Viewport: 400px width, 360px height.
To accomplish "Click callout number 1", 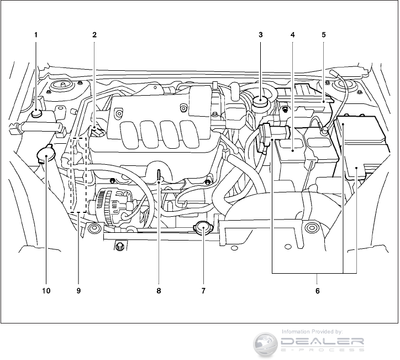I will click(x=36, y=34).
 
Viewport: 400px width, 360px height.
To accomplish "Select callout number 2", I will click(x=94, y=34).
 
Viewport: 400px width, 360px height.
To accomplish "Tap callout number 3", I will click(x=260, y=34).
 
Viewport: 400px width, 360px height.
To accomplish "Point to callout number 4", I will click(x=292, y=34).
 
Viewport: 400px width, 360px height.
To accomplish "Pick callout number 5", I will click(x=324, y=34).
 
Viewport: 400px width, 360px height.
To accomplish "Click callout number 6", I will click(x=317, y=290).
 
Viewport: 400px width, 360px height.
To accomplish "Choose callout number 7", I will click(x=203, y=290).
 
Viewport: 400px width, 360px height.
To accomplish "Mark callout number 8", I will click(x=159, y=290).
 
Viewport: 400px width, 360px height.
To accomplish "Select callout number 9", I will click(x=79, y=290).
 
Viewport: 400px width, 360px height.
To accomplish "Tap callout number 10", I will click(x=46, y=290).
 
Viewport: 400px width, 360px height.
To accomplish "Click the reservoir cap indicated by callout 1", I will click(x=37, y=113).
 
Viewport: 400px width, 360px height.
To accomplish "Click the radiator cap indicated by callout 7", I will click(x=203, y=227).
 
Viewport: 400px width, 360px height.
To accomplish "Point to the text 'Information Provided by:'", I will click(x=312, y=331).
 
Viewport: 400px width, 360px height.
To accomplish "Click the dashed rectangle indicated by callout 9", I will click(x=79, y=174).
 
